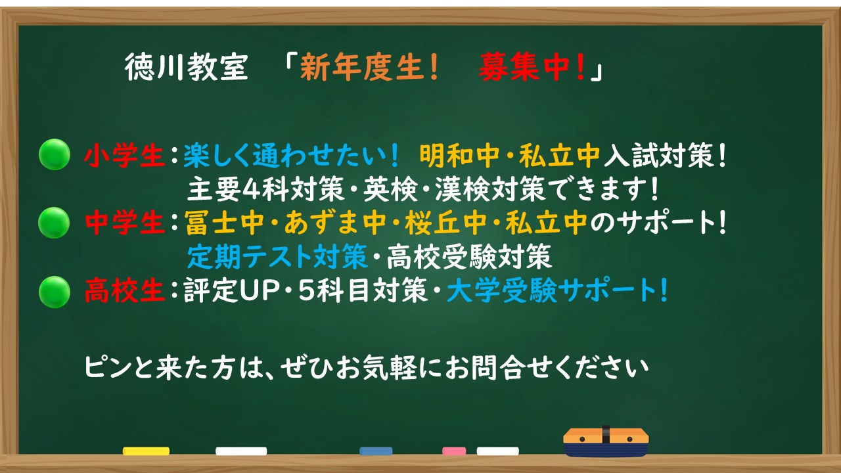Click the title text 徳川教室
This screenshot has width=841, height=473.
pyautogui.click(x=186, y=68)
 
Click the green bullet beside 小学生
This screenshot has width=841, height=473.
pyautogui.click(x=55, y=156)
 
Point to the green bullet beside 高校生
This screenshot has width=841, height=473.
pyautogui.click(x=55, y=292)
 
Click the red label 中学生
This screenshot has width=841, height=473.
pyautogui.click(x=124, y=224)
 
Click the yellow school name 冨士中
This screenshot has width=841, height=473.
pyautogui.click(x=224, y=224)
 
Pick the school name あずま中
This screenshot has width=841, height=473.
pyautogui.click(x=334, y=224)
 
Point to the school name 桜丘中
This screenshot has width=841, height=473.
pyautogui.click(x=446, y=224)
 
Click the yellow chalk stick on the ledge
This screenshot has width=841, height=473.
pyautogui.click(x=146, y=451)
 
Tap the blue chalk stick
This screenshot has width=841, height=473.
pyautogui.click(x=376, y=451)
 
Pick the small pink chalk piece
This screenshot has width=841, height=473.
pyautogui.click(x=454, y=451)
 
